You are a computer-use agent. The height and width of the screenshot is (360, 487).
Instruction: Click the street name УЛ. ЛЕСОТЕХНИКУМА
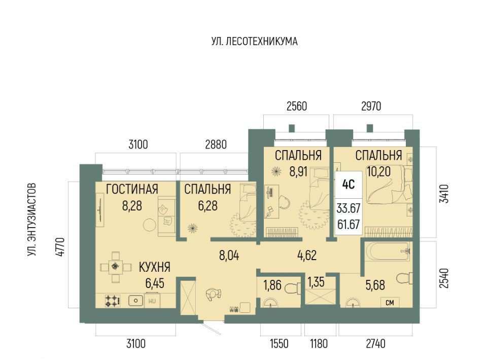(x=254, y=41)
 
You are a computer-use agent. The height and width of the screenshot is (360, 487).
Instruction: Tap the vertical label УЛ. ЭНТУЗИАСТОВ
(x=31, y=220)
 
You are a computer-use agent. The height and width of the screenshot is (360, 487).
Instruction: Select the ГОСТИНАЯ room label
(x=132, y=189)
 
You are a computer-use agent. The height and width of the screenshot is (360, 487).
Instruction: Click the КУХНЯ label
(x=154, y=267)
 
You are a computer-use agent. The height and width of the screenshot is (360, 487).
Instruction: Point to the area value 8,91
(x=298, y=171)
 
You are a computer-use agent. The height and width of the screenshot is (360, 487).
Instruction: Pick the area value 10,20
(x=378, y=171)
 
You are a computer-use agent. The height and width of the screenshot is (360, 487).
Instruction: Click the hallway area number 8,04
(x=229, y=256)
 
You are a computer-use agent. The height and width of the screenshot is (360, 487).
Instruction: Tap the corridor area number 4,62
(x=307, y=255)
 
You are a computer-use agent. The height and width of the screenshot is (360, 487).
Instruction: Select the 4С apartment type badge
(x=348, y=185)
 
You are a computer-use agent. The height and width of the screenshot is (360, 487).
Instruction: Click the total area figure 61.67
(x=348, y=224)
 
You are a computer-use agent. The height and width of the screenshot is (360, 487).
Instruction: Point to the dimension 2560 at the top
(x=297, y=106)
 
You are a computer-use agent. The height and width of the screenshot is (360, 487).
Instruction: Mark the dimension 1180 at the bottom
(x=319, y=344)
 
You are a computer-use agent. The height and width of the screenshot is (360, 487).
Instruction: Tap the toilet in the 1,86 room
(x=293, y=287)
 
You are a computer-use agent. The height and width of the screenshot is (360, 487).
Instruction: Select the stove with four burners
(x=113, y=300)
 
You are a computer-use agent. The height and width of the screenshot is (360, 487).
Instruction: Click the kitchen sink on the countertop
(x=136, y=300)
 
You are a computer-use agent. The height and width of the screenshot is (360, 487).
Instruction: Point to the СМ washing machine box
(x=390, y=302)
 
